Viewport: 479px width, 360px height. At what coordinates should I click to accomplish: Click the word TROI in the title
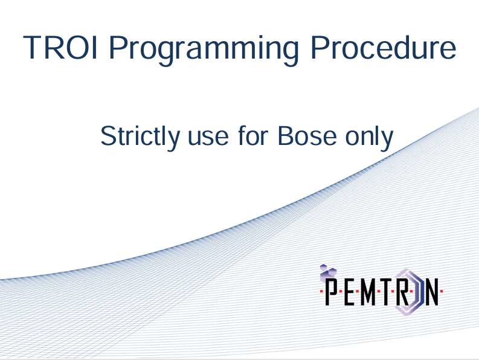[x=60, y=47]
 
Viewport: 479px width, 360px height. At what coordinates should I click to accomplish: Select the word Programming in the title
[x=204, y=50]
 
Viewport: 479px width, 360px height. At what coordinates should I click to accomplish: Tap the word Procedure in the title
[x=384, y=47]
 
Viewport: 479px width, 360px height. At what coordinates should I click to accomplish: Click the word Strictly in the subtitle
[x=140, y=137]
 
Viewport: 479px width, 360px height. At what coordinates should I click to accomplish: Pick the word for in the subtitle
[x=253, y=136]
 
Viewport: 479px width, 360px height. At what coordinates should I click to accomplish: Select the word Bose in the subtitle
[x=307, y=136]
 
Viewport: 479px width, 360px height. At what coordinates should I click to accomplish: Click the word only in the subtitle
[x=369, y=137]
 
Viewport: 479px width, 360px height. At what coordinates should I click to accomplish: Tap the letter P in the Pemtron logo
[x=332, y=291]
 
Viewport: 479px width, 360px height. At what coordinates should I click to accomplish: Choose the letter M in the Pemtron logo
[x=368, y=292]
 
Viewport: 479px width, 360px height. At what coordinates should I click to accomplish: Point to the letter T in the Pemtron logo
[x=387, y=292]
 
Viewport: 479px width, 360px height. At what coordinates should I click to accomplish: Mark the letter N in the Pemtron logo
[x=432, y=292]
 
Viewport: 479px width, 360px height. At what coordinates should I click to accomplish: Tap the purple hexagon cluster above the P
[x=328, y=272]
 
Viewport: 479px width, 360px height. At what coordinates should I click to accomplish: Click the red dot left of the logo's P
[x=321, y=292]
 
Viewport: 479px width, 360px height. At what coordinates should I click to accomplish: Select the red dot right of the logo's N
[x=442, y=292]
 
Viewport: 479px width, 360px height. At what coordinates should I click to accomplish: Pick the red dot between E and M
[x=358, y=292]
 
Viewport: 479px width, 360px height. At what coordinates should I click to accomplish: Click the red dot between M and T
[x=378, y=292]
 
